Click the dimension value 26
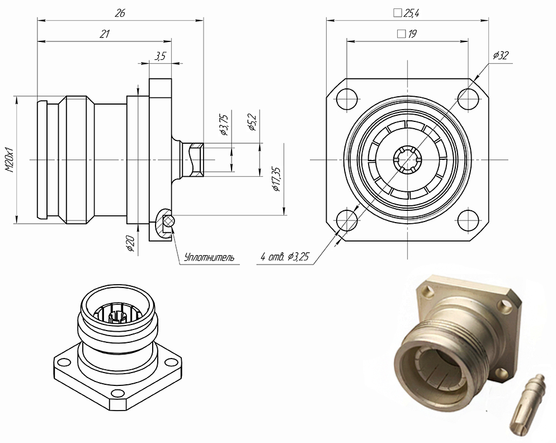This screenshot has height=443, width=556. point(120,14)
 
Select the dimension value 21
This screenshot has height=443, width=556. point(104,34)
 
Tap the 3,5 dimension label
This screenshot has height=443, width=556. point(160,55)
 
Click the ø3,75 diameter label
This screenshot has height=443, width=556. point(224,125)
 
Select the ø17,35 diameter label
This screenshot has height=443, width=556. point(276,179)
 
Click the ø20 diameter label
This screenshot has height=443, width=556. point(130,243)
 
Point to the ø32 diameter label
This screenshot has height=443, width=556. point(500,55)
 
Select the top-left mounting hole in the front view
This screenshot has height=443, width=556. point(347,99)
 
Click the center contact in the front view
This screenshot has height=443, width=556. point(407,159)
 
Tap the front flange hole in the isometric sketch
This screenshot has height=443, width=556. point(117,393)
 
